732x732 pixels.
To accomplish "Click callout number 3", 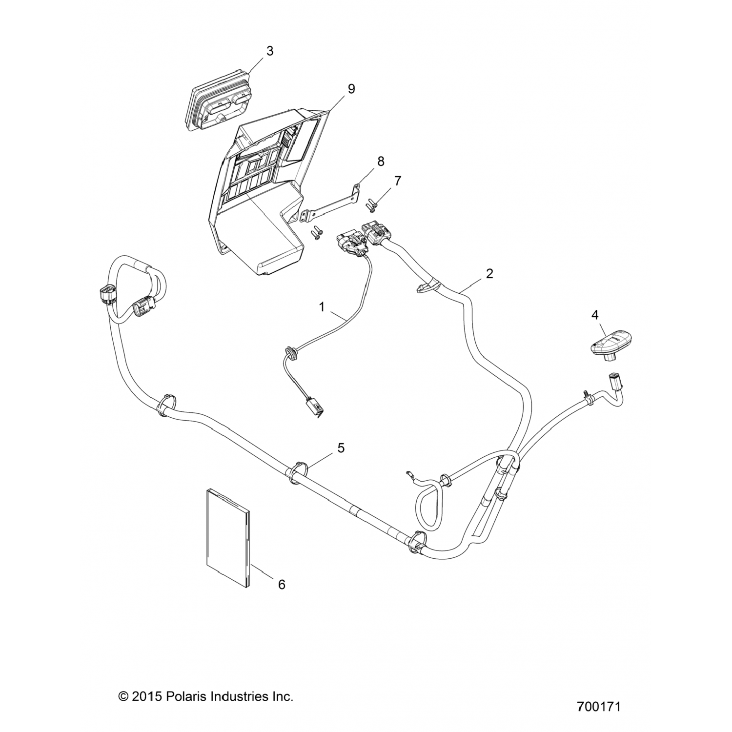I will pyautogui.click(x=269, y=51).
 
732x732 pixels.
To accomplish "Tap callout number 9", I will pyautogui.click(x=351, y=89).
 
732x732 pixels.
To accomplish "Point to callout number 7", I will pyautogui.click(x=398, y=181).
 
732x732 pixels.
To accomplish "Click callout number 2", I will pyautogui.click(x=489, y=273).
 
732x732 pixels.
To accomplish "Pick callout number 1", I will pyautogui.click(x=322, y=307).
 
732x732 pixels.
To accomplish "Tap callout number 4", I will pyautogui.click(x=594, y=315).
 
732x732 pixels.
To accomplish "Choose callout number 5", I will pyautogui.click(x=341, y=447).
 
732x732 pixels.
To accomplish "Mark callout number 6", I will pyautogui.click(x=282, y=584).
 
